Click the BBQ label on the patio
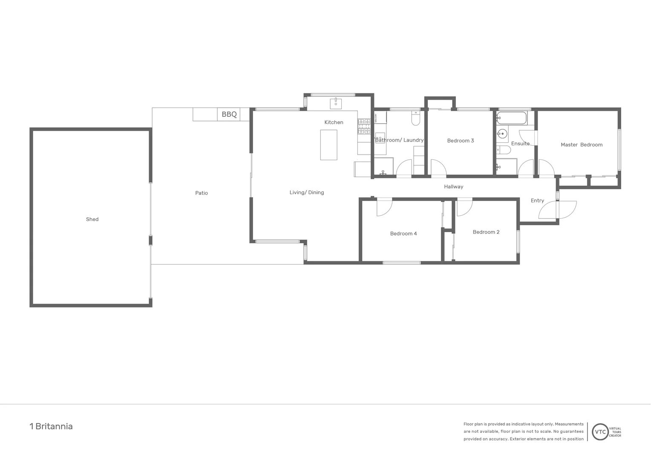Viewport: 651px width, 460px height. point(229,115)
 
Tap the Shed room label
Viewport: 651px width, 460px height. point(92,219)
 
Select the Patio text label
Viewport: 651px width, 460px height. point(202,193)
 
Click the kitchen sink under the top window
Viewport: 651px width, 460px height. point(336,103)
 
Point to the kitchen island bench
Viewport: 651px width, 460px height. point(328,145)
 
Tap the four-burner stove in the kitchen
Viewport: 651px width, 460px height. point(364,126)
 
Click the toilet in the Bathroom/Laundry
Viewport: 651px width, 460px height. point(416,118)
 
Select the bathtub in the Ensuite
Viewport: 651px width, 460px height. point(512,118)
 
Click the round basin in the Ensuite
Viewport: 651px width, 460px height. point(502,134)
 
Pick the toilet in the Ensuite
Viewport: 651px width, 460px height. point(503,150)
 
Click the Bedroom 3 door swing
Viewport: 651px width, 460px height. point(438,168)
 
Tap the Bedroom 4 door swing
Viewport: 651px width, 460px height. point(384,207)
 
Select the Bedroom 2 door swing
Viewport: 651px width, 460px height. point(464,207)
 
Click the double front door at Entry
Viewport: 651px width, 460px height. point(558,209)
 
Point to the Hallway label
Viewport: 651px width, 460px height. point(453,187)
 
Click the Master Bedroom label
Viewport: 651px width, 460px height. point(582,145)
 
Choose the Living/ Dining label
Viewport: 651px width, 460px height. point(307,193)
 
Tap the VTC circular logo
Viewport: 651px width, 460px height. point(600,431)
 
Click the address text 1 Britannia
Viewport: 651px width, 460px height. point(51,426)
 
